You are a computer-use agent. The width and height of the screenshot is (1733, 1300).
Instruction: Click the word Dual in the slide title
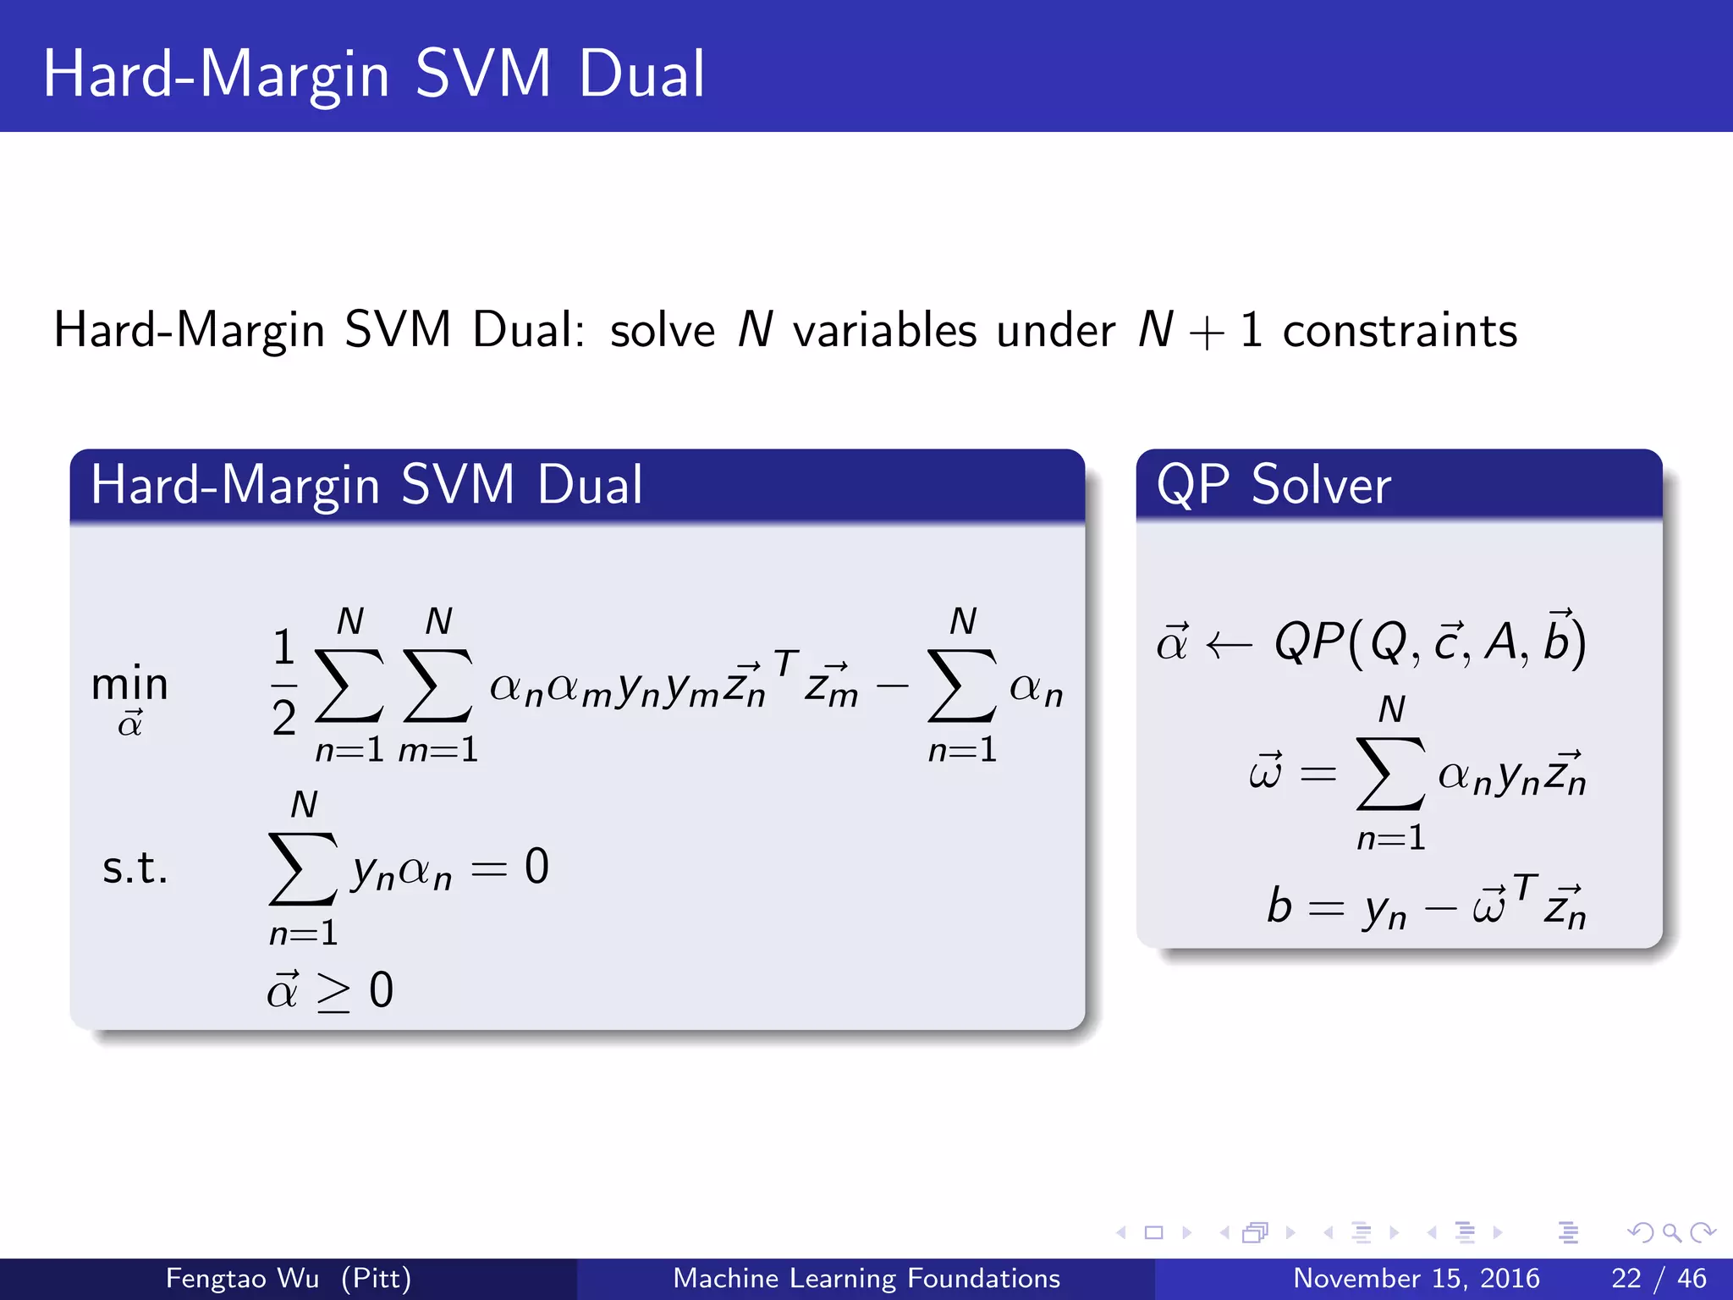pos(641,74)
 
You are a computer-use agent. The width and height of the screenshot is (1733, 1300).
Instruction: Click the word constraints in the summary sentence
pos(1400,330)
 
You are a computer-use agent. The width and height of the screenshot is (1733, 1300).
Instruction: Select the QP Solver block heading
pos(1273,485)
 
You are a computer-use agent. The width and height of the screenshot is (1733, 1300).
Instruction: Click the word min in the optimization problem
pos(129,684)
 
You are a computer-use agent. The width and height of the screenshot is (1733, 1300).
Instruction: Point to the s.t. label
pos(135,868)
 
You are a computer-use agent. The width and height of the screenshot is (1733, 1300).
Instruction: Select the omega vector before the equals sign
pos(1265,772)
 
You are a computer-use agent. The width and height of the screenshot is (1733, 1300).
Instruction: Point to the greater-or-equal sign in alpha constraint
pos(333,992)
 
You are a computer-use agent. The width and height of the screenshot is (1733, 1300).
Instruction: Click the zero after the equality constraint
pos(536,867)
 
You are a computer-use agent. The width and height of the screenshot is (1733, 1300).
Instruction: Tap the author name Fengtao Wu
pos(242,1278)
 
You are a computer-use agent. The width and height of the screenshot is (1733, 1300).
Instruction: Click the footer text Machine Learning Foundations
pos(866,1278)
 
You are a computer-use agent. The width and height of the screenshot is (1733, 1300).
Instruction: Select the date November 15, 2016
pos(1416,1278)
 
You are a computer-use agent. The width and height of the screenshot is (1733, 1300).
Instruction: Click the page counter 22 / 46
pos(1658,1278)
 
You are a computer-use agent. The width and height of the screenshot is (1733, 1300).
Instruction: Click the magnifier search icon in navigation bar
pos(1670,1232)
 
